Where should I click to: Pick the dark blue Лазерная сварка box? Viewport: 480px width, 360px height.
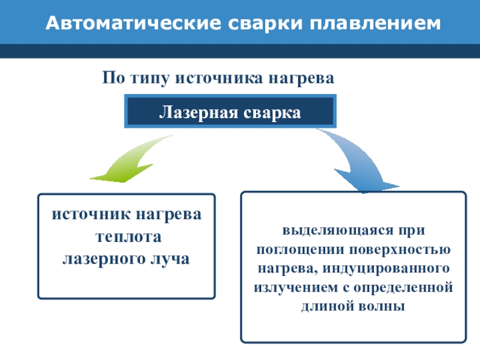point(230,112)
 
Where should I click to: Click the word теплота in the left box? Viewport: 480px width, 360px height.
point(126,237)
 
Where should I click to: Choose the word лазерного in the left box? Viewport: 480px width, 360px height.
point(109,259)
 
